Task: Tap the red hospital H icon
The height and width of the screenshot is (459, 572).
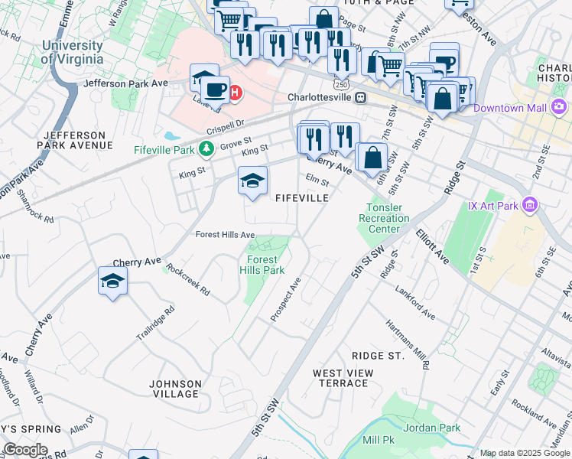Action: pyautogui.click(x=236, y=93)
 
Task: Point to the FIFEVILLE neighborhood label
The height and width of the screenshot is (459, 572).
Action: pyautogui.click(x=302, y=198)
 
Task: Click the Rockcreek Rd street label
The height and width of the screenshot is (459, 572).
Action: pyautogui.click(x=188, y=282)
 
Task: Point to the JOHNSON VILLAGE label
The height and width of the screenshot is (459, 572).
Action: pyautogui.click(x=175, y=389)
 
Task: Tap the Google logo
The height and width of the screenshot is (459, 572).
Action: pyautogui.click(x=24, y=450)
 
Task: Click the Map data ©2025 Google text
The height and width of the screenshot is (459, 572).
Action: pyautogui.click(x=525, y=454)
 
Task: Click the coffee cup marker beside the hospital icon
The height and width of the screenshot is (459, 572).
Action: pyautogui.click(x=216, y=90)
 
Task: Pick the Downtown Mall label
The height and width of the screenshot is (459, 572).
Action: pyautogui.click(x=509, y=108)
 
